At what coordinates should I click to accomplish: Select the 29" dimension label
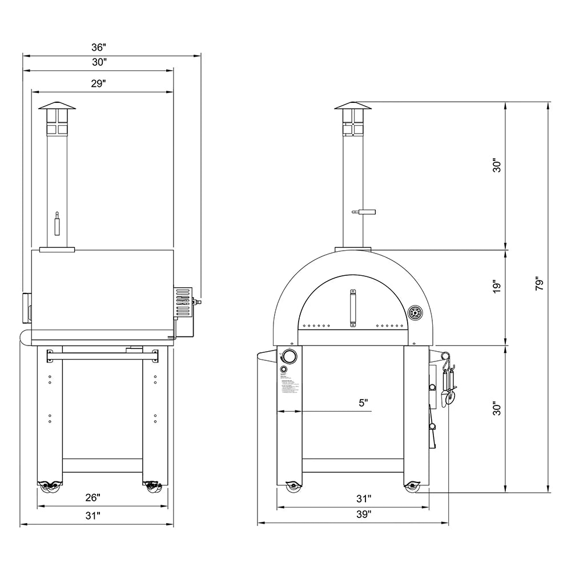coord(99,83)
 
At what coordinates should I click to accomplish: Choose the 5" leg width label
coord(363,403)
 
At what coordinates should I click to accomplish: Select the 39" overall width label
coord(363,514)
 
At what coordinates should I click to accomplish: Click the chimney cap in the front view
coord(352,106)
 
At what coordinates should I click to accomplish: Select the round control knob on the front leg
coord(289,357)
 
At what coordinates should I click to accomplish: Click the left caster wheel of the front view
coord(292,486)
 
